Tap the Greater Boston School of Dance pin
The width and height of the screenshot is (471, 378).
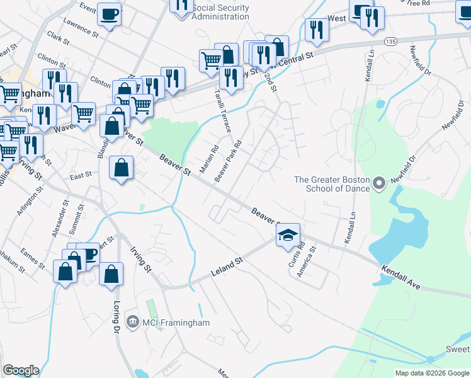click(378, 185)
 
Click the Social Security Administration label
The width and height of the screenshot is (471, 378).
click(220, 12)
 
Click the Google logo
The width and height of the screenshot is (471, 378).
click(21, 370)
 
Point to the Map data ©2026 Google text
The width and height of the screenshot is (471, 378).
click(431, 373)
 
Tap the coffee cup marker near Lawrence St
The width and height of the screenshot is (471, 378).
click(110, 14)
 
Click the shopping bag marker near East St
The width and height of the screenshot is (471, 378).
click(122, 169)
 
